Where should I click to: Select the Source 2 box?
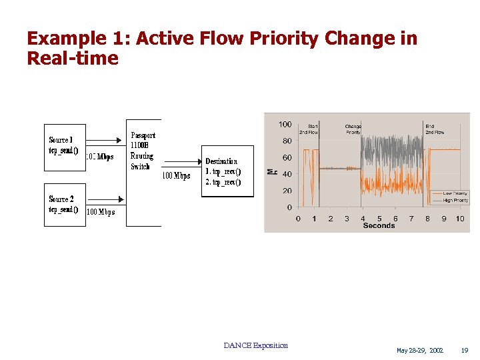pyautogui.click(x=65, y=205)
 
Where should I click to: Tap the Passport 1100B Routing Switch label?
pyautogui.click(x=142, y=151)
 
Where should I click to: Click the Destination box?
pyautogui.click(x=227, y=171)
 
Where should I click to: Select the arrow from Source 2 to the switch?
pyautogui.click(x=107, y=199)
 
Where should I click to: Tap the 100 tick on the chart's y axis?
pyautogui.click(x=285, y=125)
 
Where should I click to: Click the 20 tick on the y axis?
pyautogui.click(x=287, y=191)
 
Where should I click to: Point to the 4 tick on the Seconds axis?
pyautogui.click(x=363, y=219)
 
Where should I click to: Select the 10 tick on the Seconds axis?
pyautogui.click(x=460, y=219)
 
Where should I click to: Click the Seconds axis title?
pyautogui.click(x=379, y=226)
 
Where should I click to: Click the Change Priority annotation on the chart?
pyautogui.click(x=353, y=129)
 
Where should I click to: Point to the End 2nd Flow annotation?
pyautogui.click(x=435, y=129)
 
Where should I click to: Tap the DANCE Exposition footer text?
pyautogui.click(x=256, y=345)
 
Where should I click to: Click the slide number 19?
pyautogui.click(x=465, y=351)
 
